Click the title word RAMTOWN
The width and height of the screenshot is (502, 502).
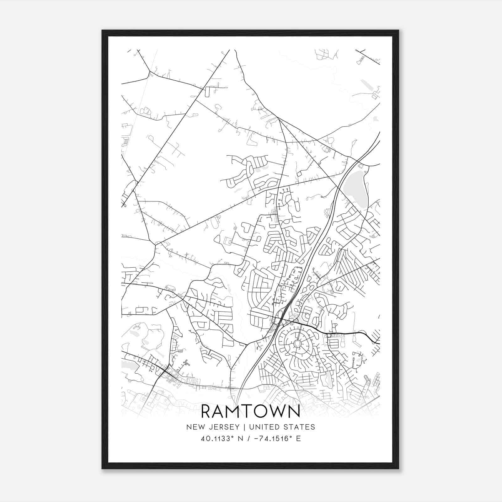[250, 412]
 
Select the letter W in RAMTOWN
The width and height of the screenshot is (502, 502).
[276, 412]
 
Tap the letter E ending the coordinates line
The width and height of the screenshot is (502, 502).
[298, 439]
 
